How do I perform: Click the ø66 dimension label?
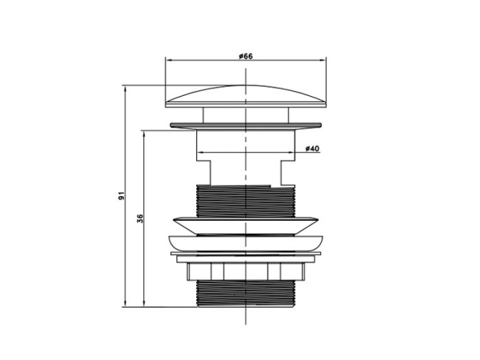pyautogui.click(x=245, y=56)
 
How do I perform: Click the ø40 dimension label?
pyautogui.click(x=312, y=149)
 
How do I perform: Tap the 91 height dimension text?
pyautogui.click(x=122, y=195)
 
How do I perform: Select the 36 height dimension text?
pyautogui.click(x=140, y=218)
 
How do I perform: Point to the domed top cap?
pyautogui.click(x=245, y=96)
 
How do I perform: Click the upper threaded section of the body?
pyautogui.click(x=245, y=201)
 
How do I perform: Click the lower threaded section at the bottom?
pyautogui.click(x=245, y=293)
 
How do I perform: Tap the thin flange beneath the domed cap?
pyautogui.click(x=245, y=125)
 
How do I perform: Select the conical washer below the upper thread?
pyautogui.click(x=245, y=226)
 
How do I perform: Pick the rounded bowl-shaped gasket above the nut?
pyautogui.click(x=245, y=243)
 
